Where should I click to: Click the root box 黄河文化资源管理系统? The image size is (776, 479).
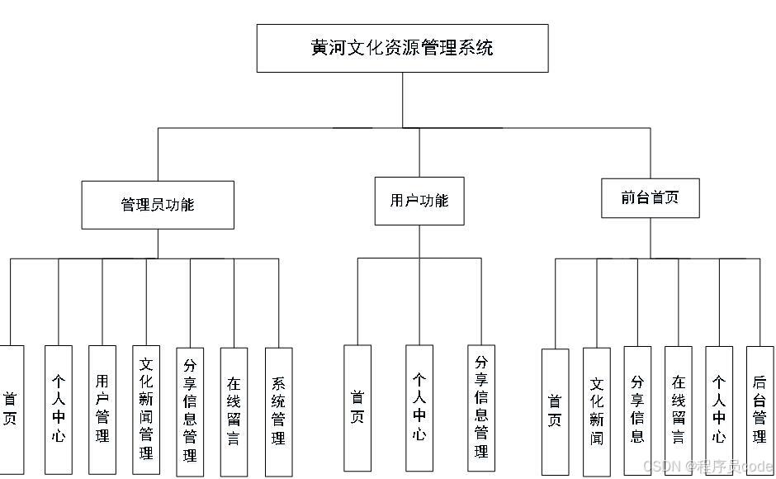tap(402, 48)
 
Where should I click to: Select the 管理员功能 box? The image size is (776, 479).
tap(157, 205)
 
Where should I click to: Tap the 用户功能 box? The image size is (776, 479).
tap(419, 201)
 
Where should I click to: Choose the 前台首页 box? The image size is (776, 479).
tap(650, 197)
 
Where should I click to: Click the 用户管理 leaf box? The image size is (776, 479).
tap(102, 409)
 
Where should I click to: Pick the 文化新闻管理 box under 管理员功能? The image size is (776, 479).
tap(146, 409)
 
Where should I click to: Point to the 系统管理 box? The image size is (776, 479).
tap(278, 410)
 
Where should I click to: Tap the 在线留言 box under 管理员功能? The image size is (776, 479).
tap(234, 410)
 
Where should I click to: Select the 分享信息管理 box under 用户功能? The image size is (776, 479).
tap(481, 408)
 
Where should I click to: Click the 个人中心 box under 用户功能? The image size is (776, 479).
tap(419, 408)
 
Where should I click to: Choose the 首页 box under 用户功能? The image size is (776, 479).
tap(357, 408)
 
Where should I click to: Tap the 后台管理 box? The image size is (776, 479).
tap(759, 410)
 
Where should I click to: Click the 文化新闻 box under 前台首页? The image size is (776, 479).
tap(596, 411)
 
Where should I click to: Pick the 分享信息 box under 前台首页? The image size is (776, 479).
tap(637, 410)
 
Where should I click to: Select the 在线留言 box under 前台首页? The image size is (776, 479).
tap(678, 410)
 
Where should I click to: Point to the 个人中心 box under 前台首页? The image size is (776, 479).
tap(719, 410)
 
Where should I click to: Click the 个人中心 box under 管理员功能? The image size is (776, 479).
tap(58, 409)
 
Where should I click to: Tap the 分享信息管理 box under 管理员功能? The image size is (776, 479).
tap(190, 410)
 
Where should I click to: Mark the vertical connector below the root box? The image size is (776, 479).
tap(402, 99)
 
